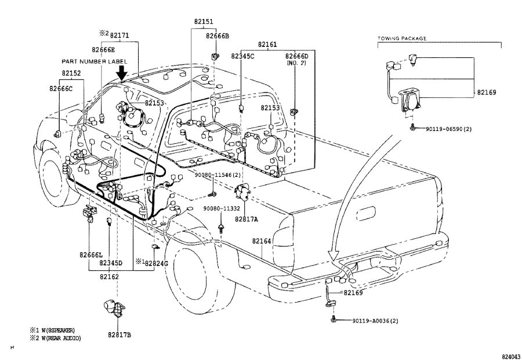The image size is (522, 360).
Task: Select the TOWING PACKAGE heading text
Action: click(x=402, y=38)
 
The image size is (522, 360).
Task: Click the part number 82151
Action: click(x=203, y=21)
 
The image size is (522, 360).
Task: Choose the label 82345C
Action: click(x=242, y=56)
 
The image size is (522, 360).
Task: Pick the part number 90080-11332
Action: click(x=222, y=208)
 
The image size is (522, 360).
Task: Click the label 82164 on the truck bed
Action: click(x=262, y=241)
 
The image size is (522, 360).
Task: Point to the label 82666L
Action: click(x=91, y=254)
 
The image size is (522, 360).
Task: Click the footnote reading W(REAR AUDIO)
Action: click(x=56, y=338)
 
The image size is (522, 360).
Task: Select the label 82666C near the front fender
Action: click(x=61, y=89)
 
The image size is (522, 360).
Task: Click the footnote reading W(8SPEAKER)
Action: click(x=56, y=330)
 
